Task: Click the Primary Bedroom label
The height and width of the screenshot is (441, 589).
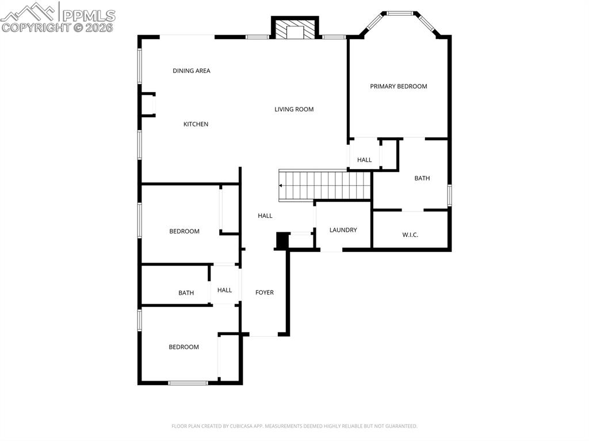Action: (x=398, y=86)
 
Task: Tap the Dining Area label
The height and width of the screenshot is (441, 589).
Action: (x=192, y=71)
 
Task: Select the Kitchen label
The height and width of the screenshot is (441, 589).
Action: (x=196, y=124)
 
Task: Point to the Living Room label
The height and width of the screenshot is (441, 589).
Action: (x=294, y=109)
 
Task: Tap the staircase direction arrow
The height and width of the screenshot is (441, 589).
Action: (x=281, y=186)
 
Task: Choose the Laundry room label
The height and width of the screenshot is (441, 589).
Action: (x=343, y=230)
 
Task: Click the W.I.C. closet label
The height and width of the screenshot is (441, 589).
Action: (x=410, y=235)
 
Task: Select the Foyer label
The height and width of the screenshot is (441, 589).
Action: (x=265, y=293)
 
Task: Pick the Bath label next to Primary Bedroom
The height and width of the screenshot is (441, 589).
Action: (x=422, y=178)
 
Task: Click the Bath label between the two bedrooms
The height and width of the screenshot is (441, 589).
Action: (x=186, y=293)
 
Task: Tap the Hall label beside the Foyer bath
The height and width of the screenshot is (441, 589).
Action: (x=224, y=290)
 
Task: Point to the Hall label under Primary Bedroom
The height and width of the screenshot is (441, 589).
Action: (x=364, y=160)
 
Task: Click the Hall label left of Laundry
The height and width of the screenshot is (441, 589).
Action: (x=265, y=216)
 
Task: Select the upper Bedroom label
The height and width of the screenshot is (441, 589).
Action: (x=184, y=231)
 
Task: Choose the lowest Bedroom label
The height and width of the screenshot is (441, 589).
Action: (x=183, y=347)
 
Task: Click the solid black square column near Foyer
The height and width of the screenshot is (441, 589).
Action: (x=282, y=240)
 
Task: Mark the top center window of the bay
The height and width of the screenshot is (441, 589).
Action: (x=400, y=13)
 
